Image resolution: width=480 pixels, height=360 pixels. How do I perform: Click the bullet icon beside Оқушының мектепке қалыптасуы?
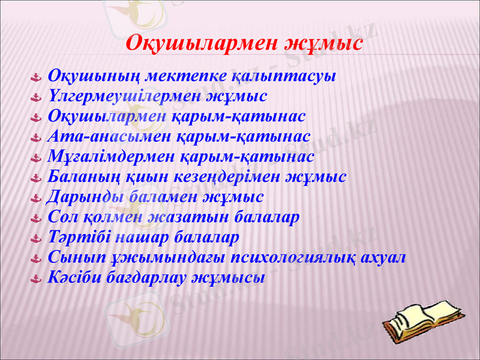click(x=35, y=77)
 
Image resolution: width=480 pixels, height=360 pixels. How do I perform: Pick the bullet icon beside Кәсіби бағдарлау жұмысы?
click(x=35, y=278)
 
